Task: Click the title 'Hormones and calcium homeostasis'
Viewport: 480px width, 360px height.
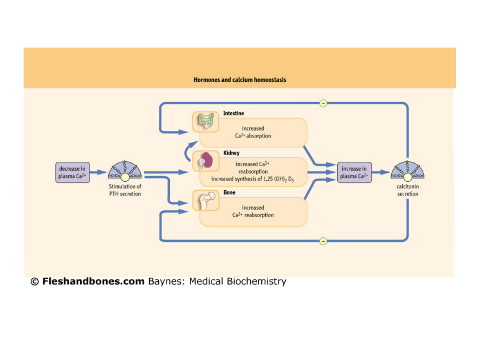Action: click(x=240, y=80)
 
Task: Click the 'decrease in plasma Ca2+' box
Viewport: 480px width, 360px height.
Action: click(x=72, y=172)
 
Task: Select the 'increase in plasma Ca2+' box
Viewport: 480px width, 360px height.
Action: click(x=354, y=172)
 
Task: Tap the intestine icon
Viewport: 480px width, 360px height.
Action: click(x=205, y=121)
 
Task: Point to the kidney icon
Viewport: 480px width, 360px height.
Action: click(x=205, y=161)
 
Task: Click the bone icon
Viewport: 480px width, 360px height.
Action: click(x=205, y=200)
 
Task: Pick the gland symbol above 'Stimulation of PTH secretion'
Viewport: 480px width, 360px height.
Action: click(x=125, y=171)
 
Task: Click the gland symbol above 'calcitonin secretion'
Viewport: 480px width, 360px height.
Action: click(x=408, y=171)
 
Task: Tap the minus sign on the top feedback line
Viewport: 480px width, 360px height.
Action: click(x=323, y=104)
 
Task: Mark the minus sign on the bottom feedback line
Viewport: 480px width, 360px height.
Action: click(x=323, y=241)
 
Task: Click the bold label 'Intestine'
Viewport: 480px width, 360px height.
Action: click(x=233, y=113)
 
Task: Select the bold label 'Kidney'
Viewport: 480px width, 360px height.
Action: click(x=231, y=153)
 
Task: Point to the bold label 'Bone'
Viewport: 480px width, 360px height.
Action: click(x=229, y=193)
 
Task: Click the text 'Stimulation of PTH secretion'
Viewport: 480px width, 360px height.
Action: click(x=125, y=190)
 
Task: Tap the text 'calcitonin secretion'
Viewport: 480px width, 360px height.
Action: click(x=408, y=190)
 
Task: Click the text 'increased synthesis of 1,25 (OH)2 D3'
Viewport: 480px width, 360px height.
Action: click(x=252, y=179)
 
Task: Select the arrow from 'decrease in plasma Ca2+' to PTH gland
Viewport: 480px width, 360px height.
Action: click(x=98, y=172)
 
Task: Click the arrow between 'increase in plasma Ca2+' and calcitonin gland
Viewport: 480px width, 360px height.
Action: click(x=380, y=172)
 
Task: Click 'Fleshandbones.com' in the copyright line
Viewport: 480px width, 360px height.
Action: click(x=93, y=281)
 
